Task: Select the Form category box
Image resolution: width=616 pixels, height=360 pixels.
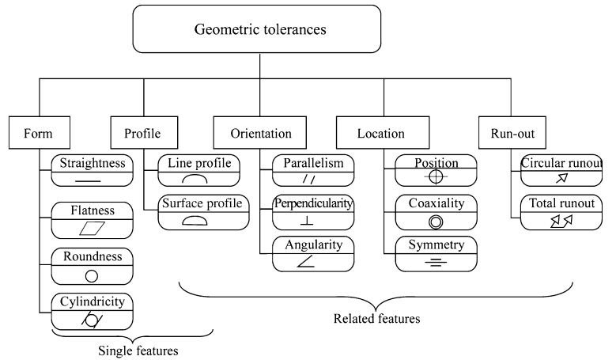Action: click(x=39, y=133)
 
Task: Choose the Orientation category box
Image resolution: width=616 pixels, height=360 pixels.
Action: click(x=260, y=133)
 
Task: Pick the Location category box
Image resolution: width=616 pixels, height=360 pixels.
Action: click(x=383, y=133)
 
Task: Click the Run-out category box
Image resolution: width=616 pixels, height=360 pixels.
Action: click(x=506, y=133)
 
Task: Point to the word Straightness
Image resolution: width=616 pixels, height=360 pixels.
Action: click(x=89, y=163)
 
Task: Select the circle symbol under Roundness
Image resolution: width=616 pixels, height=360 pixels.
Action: click(x=91, y=277)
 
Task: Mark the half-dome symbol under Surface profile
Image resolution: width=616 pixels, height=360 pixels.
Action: click(x=194, y=221)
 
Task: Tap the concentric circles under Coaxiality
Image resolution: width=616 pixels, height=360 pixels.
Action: click(x=437, y=220)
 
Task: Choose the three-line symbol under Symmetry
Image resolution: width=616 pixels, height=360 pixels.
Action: click(x=436, y=261)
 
